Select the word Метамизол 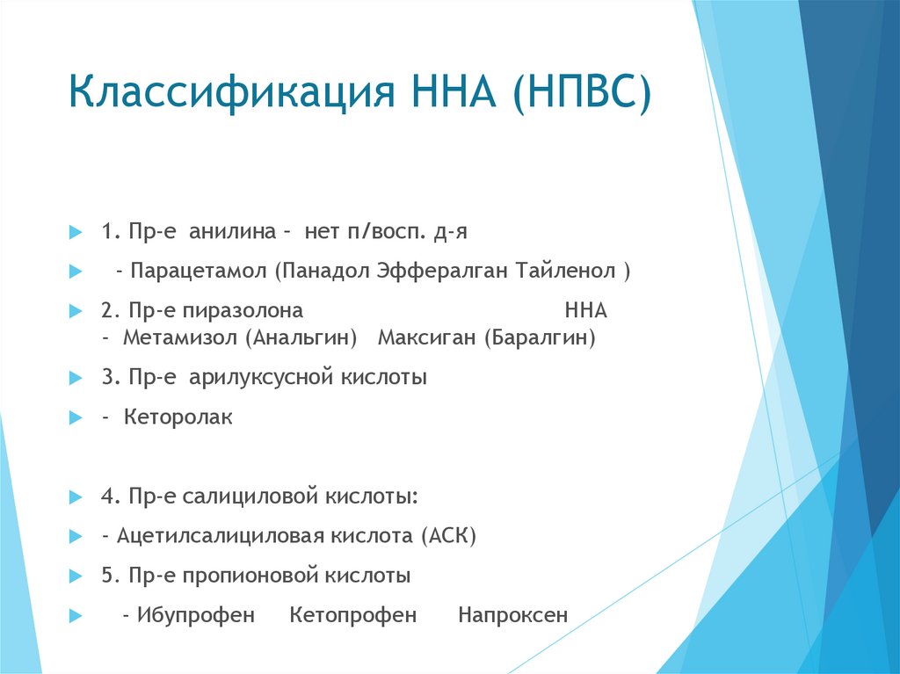(x=180, y=338)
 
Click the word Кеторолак (x=178, y=418)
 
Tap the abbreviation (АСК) (x=448, y=536)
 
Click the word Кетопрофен (x=353, y=615)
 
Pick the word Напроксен (x=512, y=615)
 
